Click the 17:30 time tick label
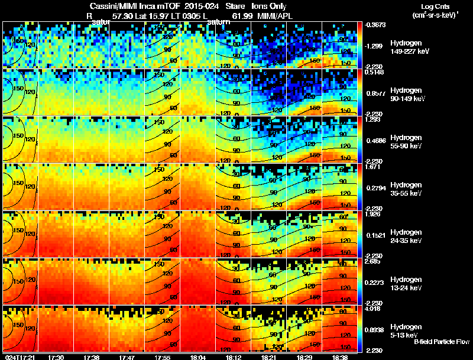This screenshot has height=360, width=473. [x=56, y=357]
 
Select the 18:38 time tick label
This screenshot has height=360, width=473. [x=339, y=357]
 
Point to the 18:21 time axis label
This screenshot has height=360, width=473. [x=269, y=357]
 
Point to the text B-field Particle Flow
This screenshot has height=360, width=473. [x=441, y=342]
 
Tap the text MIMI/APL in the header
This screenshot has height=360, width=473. [x=274, y=16]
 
